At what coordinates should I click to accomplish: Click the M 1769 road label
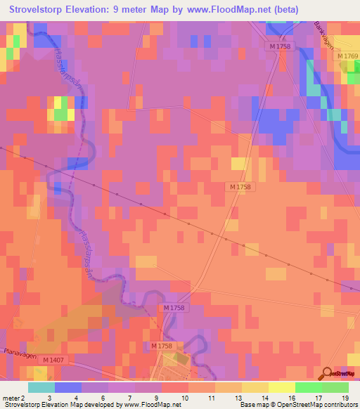click(x=347, y=56)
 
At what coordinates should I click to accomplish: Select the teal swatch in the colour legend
click(x=41, y=387)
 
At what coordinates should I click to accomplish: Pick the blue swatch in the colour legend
click(x=68, y=387)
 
